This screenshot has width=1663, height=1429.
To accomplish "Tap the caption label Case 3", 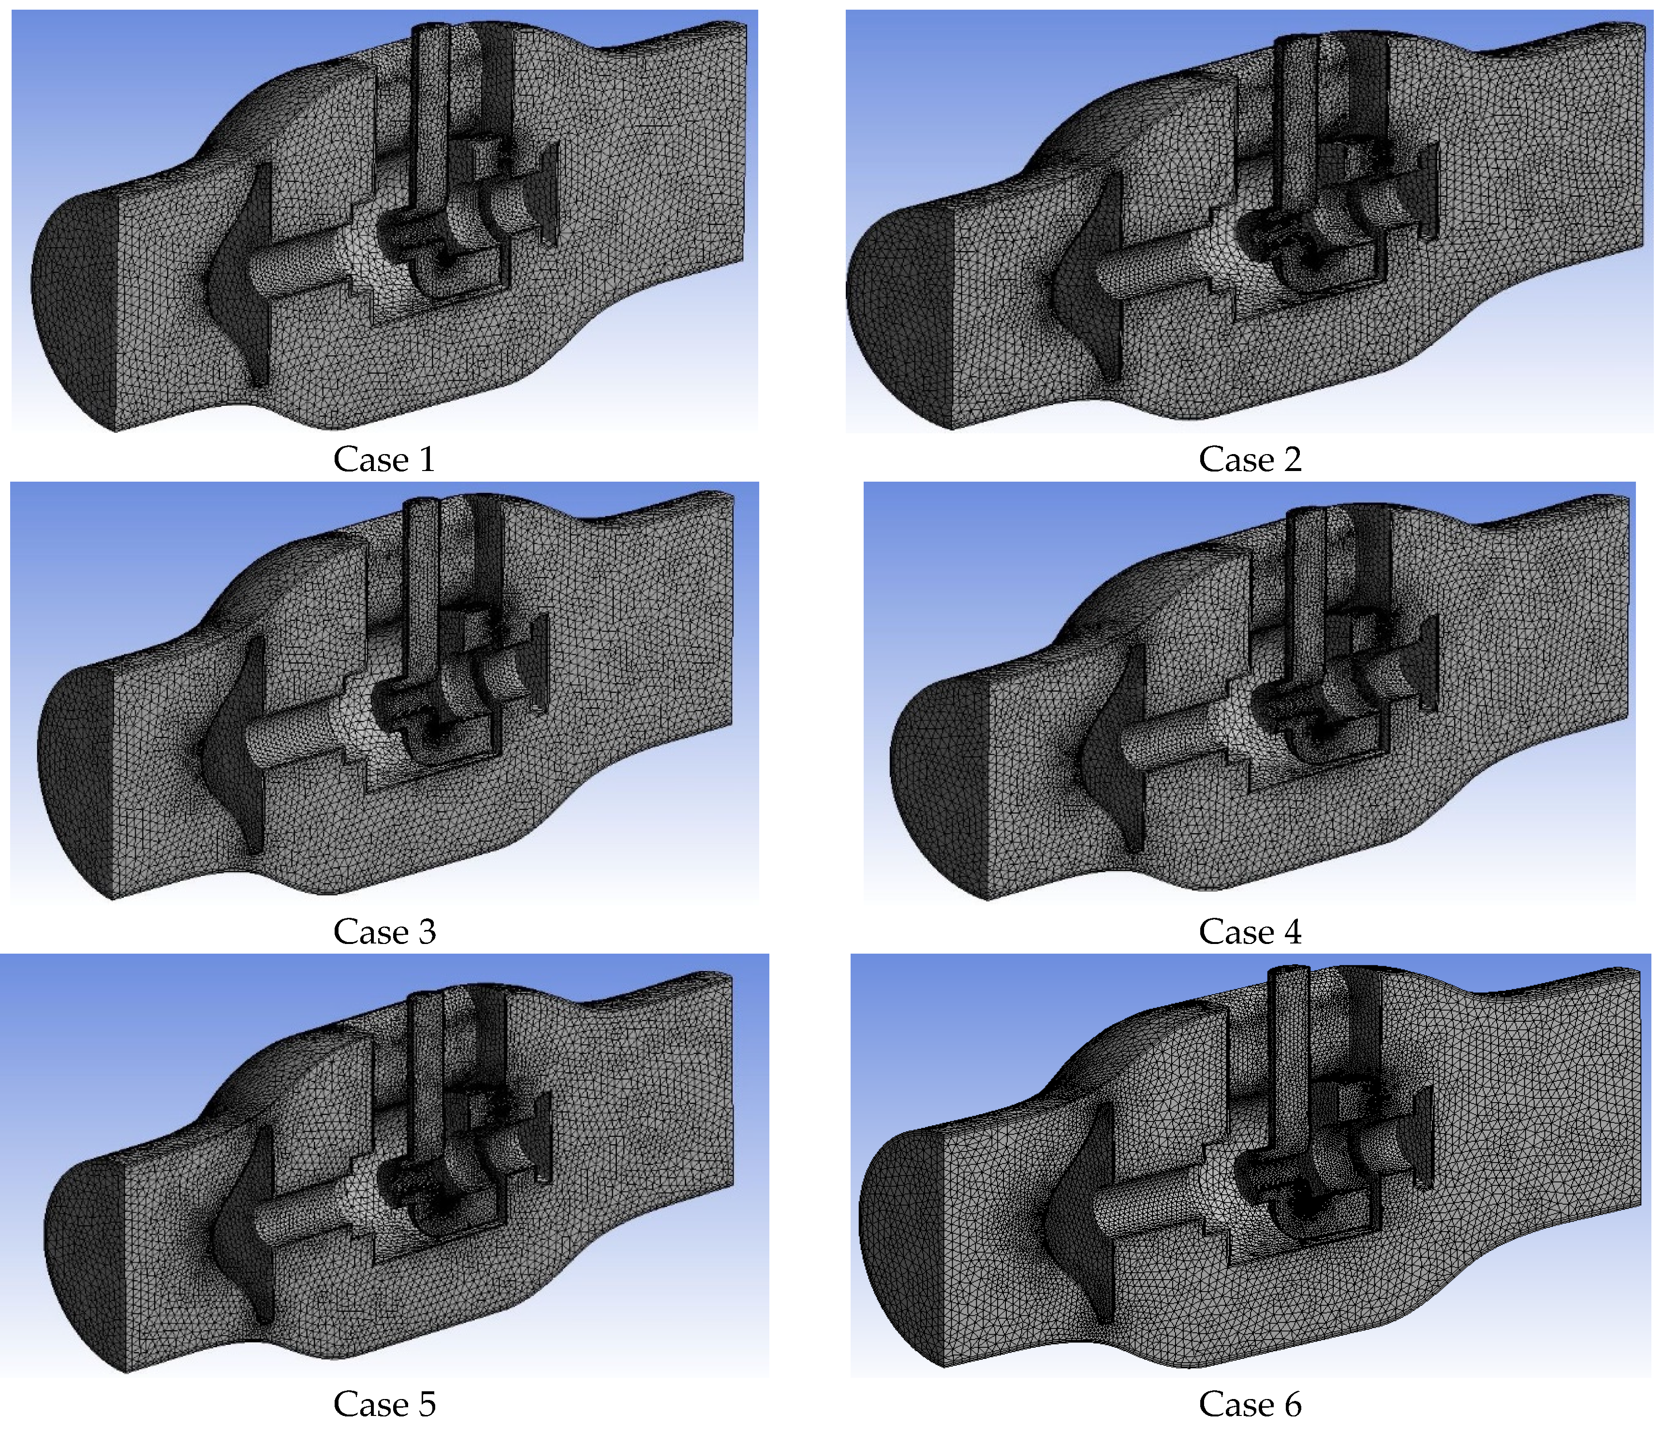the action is coord(384,931).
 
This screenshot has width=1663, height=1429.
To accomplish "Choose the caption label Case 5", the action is coord(384,1403).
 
